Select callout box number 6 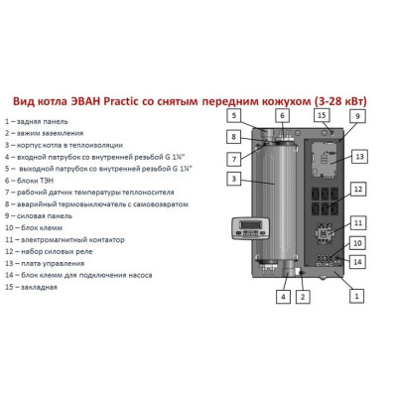coord(282,115)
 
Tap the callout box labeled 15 coord(323,115)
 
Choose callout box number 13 coord(359,157)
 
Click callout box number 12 coord(359,189)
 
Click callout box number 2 coord(306,295)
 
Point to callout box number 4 coord(283,295)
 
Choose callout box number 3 coord(232,179)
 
